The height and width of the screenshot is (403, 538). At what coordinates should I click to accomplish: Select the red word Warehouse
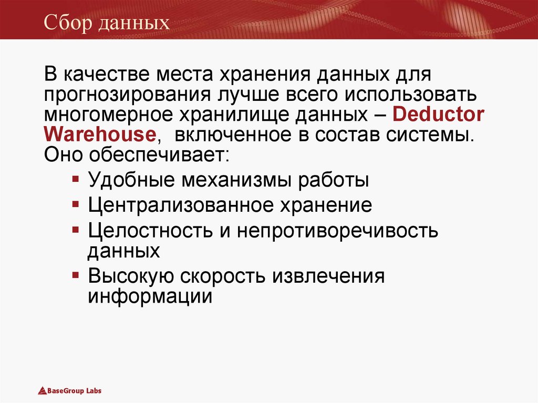[100, 135]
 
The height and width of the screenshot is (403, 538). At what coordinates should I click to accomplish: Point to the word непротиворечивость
[337, 230]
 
